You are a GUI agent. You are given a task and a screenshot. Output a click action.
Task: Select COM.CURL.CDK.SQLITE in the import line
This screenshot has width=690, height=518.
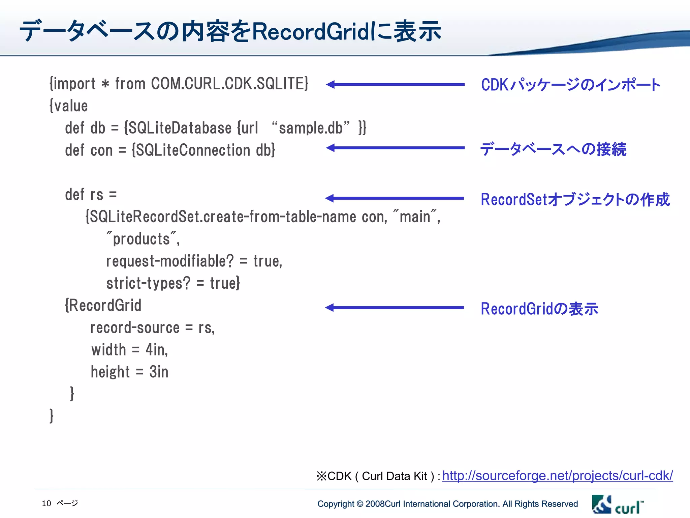(x=229, y=84)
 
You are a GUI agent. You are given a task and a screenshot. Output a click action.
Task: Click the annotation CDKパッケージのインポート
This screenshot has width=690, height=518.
(x=570, y=85)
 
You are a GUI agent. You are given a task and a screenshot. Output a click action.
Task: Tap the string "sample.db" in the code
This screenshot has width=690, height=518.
(x=310, y=128)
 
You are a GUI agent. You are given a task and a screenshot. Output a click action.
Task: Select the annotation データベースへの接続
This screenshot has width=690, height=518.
(x=553, y=149)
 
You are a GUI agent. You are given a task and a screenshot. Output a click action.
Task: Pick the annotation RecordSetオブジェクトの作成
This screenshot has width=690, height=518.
(x=575, y=199)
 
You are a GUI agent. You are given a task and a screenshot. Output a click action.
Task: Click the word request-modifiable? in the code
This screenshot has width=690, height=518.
(x=170, y=261)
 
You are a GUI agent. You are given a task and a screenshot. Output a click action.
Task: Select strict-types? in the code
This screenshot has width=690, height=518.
(x=148, y=283)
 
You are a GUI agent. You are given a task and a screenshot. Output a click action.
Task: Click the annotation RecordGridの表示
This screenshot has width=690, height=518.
(x=539, y=309)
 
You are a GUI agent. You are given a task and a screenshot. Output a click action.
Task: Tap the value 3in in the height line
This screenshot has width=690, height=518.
(x=159, y=372)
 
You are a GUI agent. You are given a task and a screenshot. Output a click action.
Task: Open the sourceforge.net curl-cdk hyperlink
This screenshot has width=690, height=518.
(x=557, y=476)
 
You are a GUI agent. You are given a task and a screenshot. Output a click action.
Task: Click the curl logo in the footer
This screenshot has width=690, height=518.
(x=617, y=505)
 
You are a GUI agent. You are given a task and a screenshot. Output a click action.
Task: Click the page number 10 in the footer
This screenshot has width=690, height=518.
(x=46, y=503)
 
